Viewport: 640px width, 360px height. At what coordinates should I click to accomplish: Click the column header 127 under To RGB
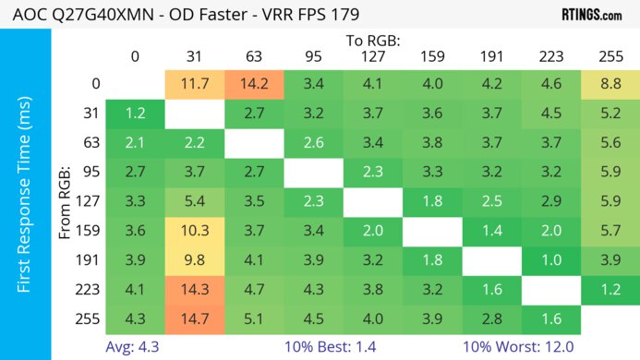coord(372,56)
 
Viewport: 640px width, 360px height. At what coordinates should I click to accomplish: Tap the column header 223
coord(550,56)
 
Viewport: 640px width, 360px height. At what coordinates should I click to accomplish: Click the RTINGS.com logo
coord(592,15)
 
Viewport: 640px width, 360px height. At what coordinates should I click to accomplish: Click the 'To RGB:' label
coord(372,41)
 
